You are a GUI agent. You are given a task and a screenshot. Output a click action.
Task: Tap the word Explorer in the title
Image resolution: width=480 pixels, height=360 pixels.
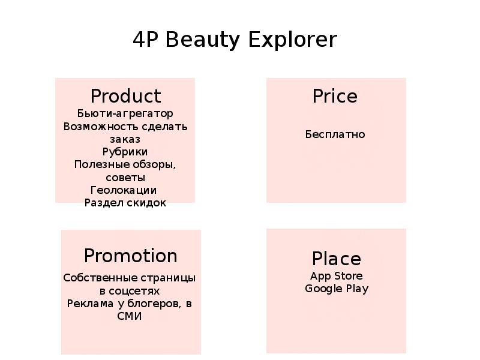pyautogui.click(x=293, y=40)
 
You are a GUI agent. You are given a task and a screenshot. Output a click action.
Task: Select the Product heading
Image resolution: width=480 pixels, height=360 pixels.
pyautogui.click(x=125, y=96)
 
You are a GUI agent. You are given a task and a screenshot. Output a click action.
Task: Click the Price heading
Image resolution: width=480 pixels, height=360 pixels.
pyautogui.click(x=335, y=96)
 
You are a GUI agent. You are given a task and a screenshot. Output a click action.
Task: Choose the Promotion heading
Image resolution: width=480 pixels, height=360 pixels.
pyautogui.click(x=131, y=256)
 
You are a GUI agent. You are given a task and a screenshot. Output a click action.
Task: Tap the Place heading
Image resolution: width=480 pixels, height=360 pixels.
pyautogui.click(x=337, y=259)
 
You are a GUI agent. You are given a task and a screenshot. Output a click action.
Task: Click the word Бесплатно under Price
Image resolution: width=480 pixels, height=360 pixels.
pyautogui.click(x=335, y=134)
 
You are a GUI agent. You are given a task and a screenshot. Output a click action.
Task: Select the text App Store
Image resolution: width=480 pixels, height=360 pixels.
pyautogui.click(x=337, y=276)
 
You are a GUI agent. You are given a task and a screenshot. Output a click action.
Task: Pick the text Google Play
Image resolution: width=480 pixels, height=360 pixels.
pyautogui.click(x=337, y=289)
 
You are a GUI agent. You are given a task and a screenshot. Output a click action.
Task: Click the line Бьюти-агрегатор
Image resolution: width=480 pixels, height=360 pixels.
pyautogui.click(x=125, y=113)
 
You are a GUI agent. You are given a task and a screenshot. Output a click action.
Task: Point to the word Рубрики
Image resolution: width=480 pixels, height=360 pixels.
pyautogui.click(x=125, y=152)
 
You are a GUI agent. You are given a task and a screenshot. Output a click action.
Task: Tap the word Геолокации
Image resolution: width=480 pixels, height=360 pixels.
pyautogui.click(x=124, y=190)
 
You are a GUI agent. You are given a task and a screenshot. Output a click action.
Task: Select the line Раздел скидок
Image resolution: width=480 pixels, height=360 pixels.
pyautogui.click(x=125, y=203)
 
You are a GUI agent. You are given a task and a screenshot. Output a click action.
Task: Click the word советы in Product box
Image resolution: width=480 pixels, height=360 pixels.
pyautogui.click(x=125, y=178)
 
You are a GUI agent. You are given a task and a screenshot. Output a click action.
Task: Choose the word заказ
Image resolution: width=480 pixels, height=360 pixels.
pyautogui.click(x=125, y=140)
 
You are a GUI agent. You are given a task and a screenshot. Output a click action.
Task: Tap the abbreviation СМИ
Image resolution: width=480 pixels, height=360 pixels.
pyautogui.click(x=130, y=316)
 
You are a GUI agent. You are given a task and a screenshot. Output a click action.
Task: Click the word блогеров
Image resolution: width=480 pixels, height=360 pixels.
pyautogui.click(x=154, y=304)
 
